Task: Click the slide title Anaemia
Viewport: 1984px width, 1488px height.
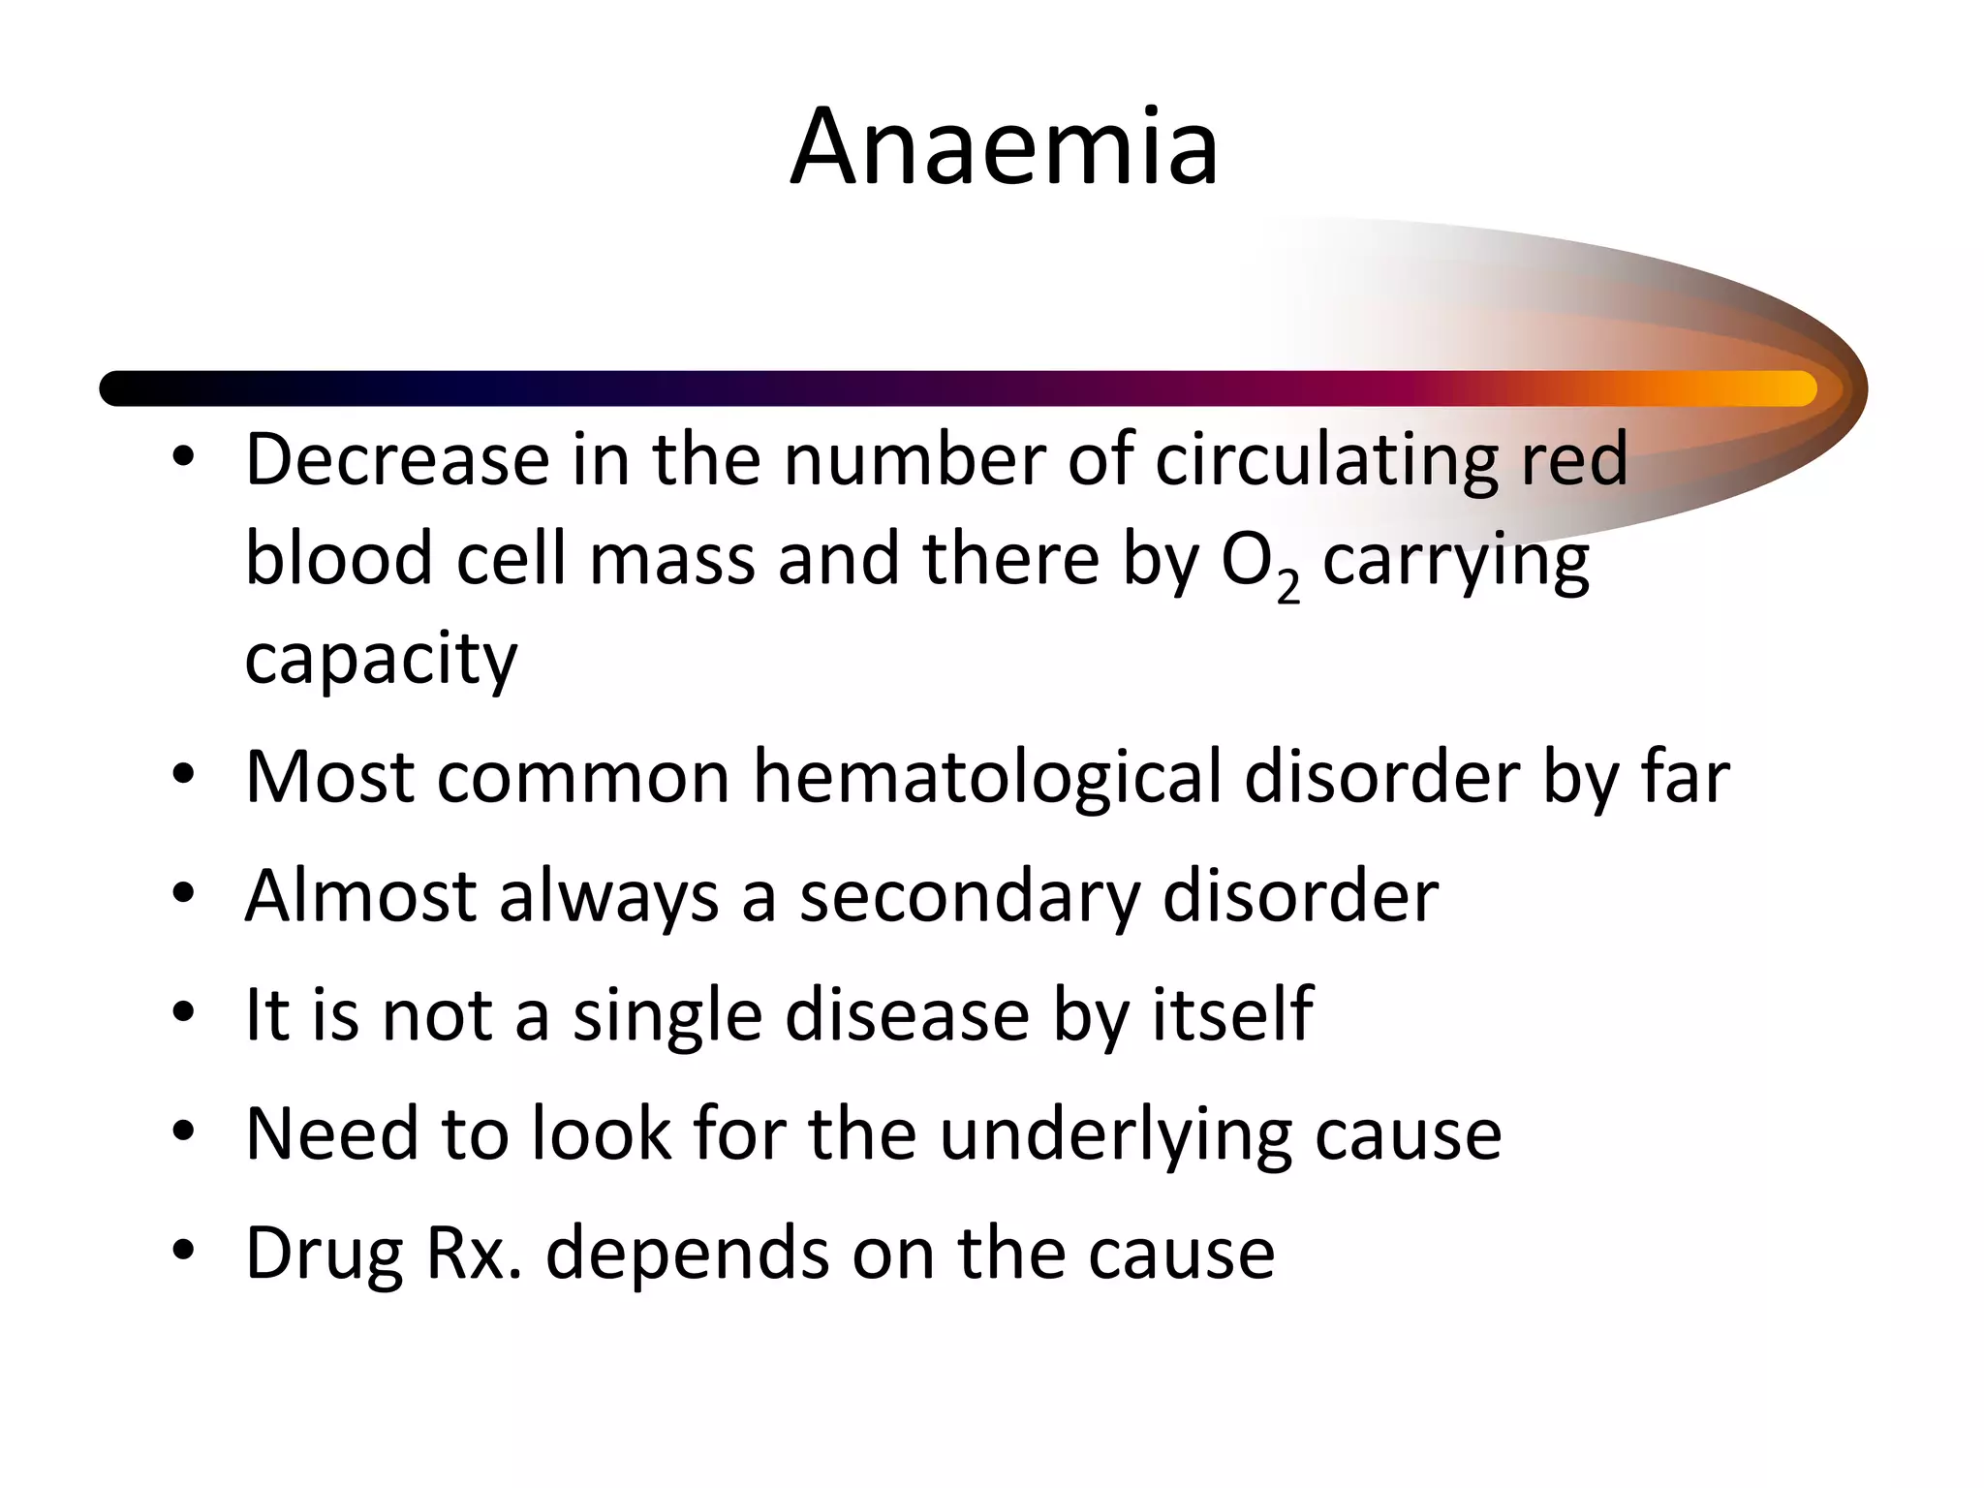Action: coord(1005,148)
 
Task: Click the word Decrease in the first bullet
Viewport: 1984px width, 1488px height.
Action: coord(397,459)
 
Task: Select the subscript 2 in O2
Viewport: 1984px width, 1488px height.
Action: coord(1287,585)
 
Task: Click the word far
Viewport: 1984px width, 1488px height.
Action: coord(1685,777)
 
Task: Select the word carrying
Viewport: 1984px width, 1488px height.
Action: coord(1455,562)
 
